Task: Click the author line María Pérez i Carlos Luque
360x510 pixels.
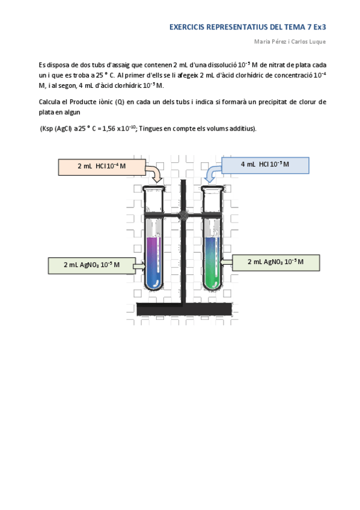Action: tap(290, 41)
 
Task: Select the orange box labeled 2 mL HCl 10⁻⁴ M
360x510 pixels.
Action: tap(102, 166)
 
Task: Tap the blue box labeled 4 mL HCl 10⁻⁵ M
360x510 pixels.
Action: tap(265, 165)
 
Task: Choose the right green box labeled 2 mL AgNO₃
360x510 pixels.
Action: tap(275, 262)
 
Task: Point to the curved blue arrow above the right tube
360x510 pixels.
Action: tap(212, 175)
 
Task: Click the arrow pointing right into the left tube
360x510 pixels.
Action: tap(139, 265)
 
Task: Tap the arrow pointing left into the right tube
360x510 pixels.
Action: tap(226, 262)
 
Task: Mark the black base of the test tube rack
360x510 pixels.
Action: tap(182, 309)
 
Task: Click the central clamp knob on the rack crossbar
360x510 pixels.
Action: tap(183, 214)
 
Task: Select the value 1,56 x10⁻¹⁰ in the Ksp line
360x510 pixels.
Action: tap(119, 128)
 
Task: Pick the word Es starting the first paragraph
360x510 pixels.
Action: tap(41, 64)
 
